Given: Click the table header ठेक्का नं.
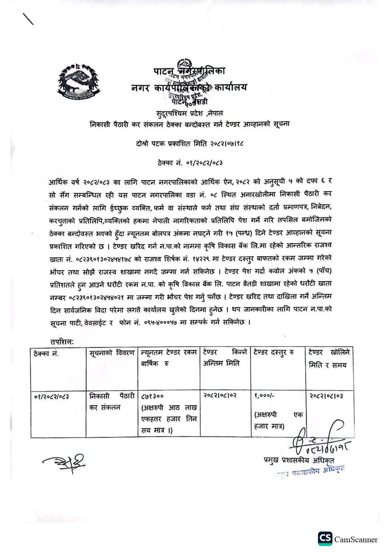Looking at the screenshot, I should pyautogui.click(x=46, y=353).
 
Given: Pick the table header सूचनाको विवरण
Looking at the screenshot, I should pyautogui.click(x=112, y=353).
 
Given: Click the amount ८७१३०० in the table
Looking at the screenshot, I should pyautogui.click(x=153, y=396).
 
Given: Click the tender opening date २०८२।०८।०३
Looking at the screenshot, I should pyautogui.click(x=326, y=396).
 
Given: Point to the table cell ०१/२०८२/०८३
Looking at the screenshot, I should pyautogui.click(x=52, y=396).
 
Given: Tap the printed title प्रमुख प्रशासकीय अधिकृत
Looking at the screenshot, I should pyautogui.click(x=299, y=460).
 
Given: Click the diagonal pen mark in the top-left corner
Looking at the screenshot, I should pyautogui.click(x=28, y=19).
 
